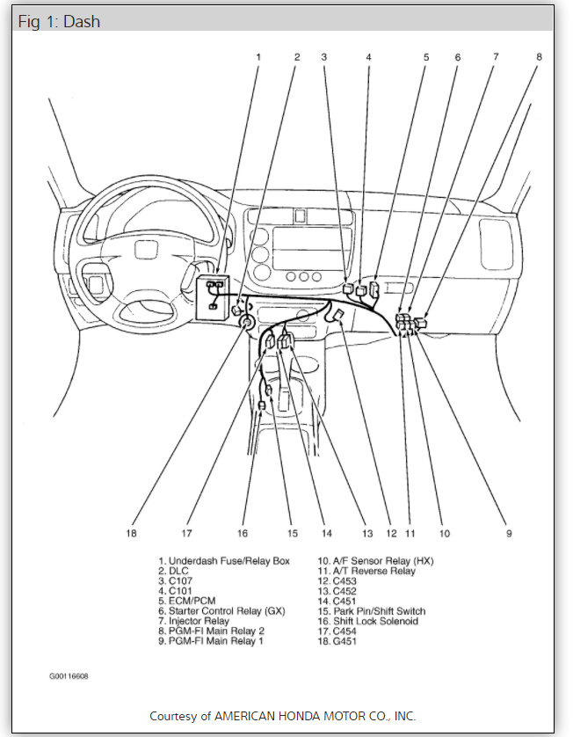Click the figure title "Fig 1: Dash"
click(x=59, y=22)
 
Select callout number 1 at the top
click(x=258, y=57)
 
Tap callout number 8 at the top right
click(x=539, y=57)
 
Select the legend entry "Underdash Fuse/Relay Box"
click(x=228, y=560)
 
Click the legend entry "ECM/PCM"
click(x=191, y=601)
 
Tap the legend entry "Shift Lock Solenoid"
click(x=378, y=621)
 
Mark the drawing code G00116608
click(x=69, y=676)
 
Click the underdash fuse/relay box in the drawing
click(x=214, y=293)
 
